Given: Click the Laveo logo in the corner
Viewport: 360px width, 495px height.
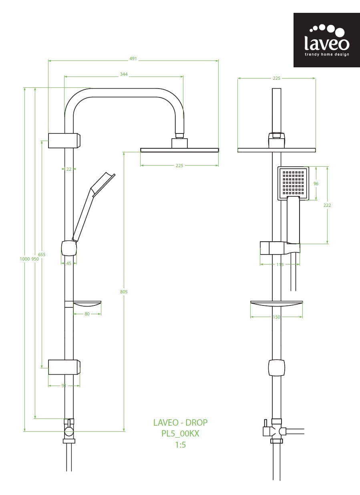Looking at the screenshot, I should pyautogui.click(x=326, y=40).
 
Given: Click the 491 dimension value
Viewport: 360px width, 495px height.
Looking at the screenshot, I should pyautogui.click(x=133, y=59).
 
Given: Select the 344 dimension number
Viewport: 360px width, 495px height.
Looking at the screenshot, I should pyautogui.click(x=124, y=74).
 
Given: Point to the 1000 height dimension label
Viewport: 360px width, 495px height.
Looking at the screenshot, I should pyautogui.click(x=25, y=259).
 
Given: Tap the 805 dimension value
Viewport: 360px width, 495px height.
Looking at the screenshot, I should pyautogui.click(x=124, y=292).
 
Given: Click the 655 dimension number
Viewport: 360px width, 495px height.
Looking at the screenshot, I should pyautogui.click(x=42, y=255).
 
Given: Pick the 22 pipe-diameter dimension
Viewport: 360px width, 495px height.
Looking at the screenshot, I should pyautogui.click(x=69, y=169).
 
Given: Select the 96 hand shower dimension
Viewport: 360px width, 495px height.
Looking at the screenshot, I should pyautogui.click(x=316, y=184).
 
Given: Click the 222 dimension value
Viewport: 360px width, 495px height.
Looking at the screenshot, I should pyautogui.click(x=327, y=205).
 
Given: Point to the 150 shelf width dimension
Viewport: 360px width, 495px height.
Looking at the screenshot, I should pyautogui.click(x=276, y=317).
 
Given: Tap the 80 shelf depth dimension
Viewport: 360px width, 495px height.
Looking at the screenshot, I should pyautogui.click(x=87, y=314).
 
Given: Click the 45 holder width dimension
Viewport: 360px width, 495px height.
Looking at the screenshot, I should pyautogui.click(x=69, y=263).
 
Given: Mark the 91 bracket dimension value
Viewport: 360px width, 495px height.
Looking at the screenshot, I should pyautogui.click(x=64, y=386).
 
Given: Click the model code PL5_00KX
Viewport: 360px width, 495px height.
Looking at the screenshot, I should pyautogui.click(x=180, y=433).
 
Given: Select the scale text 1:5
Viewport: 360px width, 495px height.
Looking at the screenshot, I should pyautogui.click(x=180, y=444).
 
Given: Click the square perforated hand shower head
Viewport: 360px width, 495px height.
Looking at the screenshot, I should pyautogui.click(x=294, y=183).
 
